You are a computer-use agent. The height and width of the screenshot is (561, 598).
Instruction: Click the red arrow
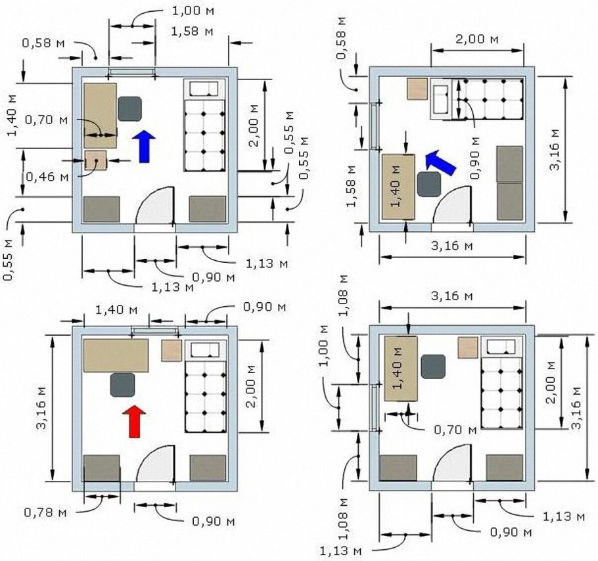click(x=134, y=421)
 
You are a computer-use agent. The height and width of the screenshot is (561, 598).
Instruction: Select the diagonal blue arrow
click(x=440, y=162)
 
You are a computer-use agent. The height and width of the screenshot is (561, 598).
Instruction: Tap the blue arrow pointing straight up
click(x=144, y=146)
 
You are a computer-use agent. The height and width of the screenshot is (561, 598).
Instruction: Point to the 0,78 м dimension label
click(x=45, y=512)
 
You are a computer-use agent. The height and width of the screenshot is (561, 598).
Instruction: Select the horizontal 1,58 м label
click(x=192, y=32)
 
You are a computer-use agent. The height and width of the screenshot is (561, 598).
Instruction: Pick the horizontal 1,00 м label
click(x=193, y=11)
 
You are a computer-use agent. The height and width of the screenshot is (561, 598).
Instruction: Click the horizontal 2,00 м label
click(x=476, y=39)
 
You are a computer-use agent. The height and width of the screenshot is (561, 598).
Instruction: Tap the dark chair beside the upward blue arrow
click(x=129, y=108)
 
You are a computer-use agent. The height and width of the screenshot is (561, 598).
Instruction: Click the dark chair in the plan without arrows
click(x=433, y=367)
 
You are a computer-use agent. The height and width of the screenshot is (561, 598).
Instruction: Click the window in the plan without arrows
click(x=374, y=408)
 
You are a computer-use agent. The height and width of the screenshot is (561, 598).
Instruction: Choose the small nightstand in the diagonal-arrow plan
click(x=417, y=89)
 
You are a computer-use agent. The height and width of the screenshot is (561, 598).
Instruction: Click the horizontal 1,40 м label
click(x=116, y=310)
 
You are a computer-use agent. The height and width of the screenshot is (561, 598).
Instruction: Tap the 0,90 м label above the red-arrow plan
click(x=264, y=307)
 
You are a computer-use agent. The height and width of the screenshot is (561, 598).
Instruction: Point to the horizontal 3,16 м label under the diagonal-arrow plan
click(x=451, y=246)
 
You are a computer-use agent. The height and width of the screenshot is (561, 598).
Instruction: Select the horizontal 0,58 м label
click(x=43, y=43)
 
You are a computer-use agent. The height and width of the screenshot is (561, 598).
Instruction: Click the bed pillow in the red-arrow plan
click(x=205, y=349)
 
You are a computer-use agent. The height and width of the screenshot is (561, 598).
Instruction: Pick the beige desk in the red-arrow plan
click(x=116, y=355)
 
